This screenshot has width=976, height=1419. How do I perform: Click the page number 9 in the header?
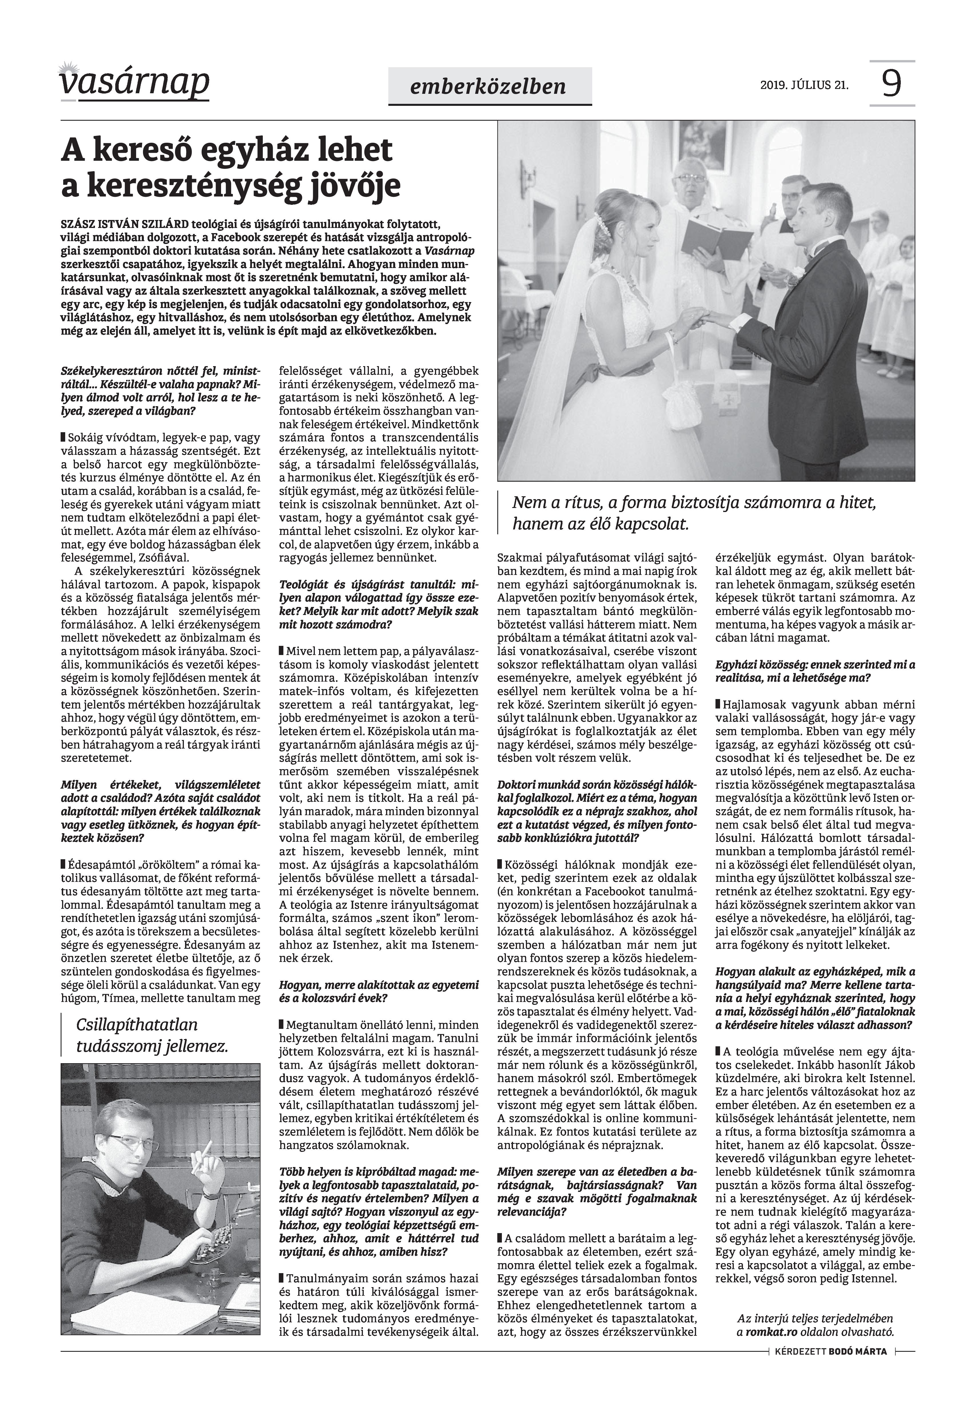[x=892, y=84]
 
